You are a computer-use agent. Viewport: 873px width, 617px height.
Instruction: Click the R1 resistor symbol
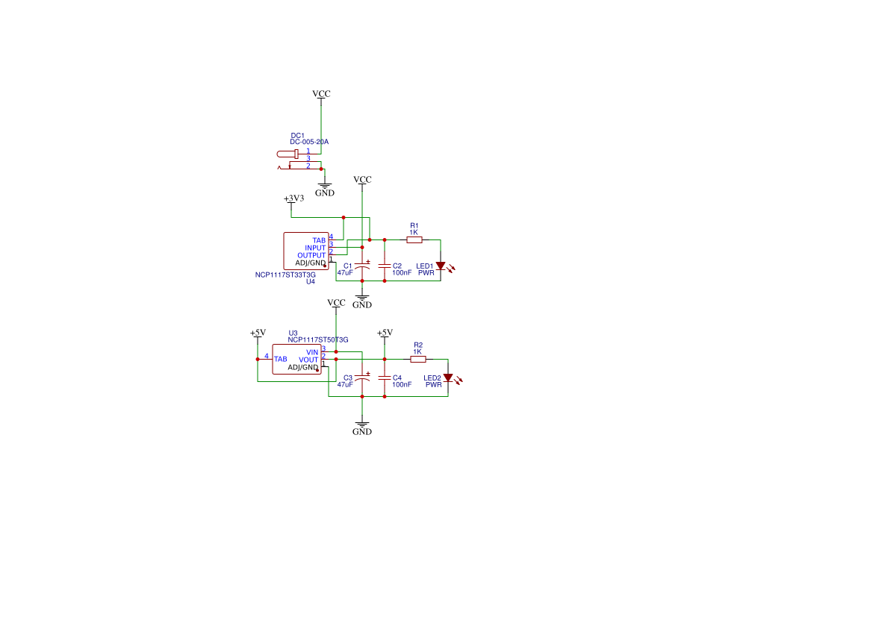[414, 239]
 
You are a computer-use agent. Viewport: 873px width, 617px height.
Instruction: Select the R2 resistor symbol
[418, 360]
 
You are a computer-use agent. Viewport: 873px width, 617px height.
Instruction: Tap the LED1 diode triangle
[441, 266]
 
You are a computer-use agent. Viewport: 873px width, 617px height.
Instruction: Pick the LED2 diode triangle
[447, 378]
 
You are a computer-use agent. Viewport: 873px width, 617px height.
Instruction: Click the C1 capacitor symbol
[362, 266]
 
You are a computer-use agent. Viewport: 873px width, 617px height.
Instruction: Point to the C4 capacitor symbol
[384, 378]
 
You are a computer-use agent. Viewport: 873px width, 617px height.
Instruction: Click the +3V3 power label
[294, 198]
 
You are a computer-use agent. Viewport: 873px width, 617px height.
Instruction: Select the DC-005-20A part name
[309, 142]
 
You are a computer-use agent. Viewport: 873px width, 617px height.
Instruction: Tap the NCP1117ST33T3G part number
[285, 275]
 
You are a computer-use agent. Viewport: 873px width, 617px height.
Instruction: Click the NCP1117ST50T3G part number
[318, 340]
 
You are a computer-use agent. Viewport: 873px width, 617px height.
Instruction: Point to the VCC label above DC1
[321, 93]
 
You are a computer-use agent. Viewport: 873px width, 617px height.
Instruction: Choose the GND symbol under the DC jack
[325, 190]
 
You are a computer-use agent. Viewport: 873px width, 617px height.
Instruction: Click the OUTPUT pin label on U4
[311, 255]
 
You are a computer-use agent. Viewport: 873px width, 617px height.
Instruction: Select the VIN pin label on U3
[312, 352]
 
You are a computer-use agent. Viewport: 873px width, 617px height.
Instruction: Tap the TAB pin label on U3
[281, 360]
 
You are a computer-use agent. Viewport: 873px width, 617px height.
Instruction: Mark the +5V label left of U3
[258, 333]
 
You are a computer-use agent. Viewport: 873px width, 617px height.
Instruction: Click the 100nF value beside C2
[402, 272]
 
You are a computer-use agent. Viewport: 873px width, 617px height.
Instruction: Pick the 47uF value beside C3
[344, 384]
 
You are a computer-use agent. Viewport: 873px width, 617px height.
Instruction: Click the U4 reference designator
[311, 281]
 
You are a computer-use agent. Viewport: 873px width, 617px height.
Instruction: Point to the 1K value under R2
[417, 351]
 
